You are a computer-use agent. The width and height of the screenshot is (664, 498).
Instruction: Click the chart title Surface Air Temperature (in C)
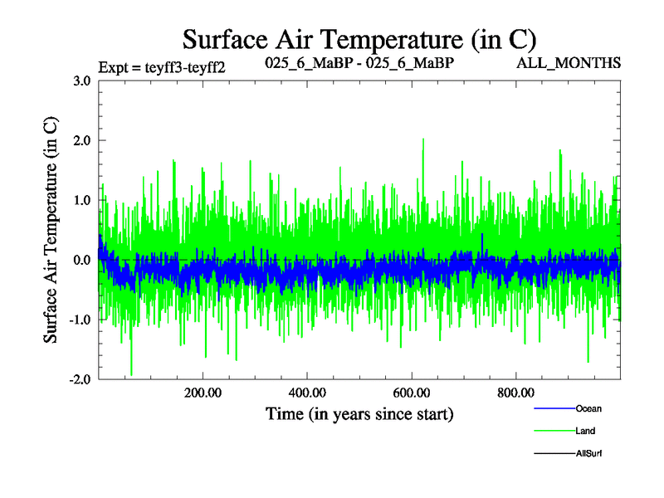pyautogui.click(x=360, y=39)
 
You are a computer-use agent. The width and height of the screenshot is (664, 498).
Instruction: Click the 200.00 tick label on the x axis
pyautogui.click(x=202, y=393)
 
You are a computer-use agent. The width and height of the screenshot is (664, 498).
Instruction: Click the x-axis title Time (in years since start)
pyautogui.click(x=359, y=413)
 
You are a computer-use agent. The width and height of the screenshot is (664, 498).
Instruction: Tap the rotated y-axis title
pyautogui.click(x=51, y=229)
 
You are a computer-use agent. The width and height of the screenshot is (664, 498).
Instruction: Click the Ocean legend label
pyautogui.click(x=588, y=408)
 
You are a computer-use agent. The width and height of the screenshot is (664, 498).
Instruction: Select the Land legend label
pyautogui.click(x=585, y=431)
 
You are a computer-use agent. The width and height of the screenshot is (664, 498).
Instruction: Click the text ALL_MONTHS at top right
pyautogui.click(x=569, y=62)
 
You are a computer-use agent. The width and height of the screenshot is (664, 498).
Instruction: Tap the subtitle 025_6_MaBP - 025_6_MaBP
pyautogui.click(x=359, y=62)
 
